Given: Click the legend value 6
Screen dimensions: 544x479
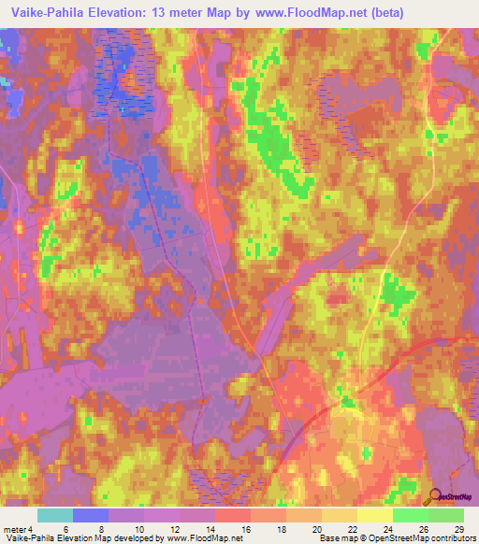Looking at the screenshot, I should point(65,530).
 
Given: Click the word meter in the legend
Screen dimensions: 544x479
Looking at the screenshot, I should point(16,530).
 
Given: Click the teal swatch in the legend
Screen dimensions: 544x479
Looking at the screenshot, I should point(55,515).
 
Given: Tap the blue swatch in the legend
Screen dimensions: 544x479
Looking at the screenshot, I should point(91,515).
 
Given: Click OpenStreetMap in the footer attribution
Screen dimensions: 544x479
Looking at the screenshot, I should point(404,539).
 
